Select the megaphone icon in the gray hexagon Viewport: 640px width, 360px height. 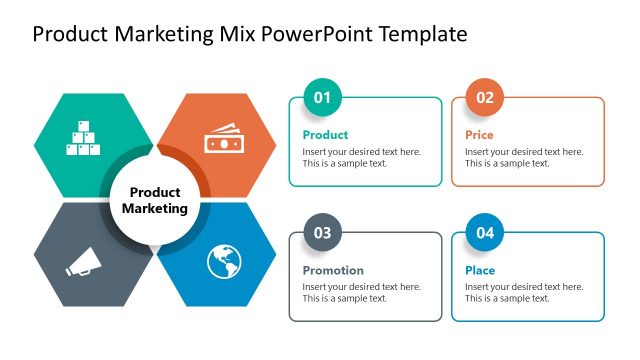[81, 262]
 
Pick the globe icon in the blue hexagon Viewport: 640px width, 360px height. [224, 262]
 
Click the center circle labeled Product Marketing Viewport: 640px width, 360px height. [154, 200]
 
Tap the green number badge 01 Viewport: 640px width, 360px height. [322, 97]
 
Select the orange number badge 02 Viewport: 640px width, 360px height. [484, 97]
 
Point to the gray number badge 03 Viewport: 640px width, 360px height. [322, 233]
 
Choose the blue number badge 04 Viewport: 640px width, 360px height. [484, 233]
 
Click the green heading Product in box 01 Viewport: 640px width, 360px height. [325, 134]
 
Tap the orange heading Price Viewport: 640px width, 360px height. [479, 134]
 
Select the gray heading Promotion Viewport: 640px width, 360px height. [333, 270]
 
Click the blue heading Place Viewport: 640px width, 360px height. [480, 270]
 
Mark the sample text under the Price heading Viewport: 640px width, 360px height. [523, 158]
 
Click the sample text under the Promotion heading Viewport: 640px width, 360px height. [361, 293]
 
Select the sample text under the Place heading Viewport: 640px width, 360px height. [523, 293]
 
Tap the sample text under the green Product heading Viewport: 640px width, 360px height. [361, 158]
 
